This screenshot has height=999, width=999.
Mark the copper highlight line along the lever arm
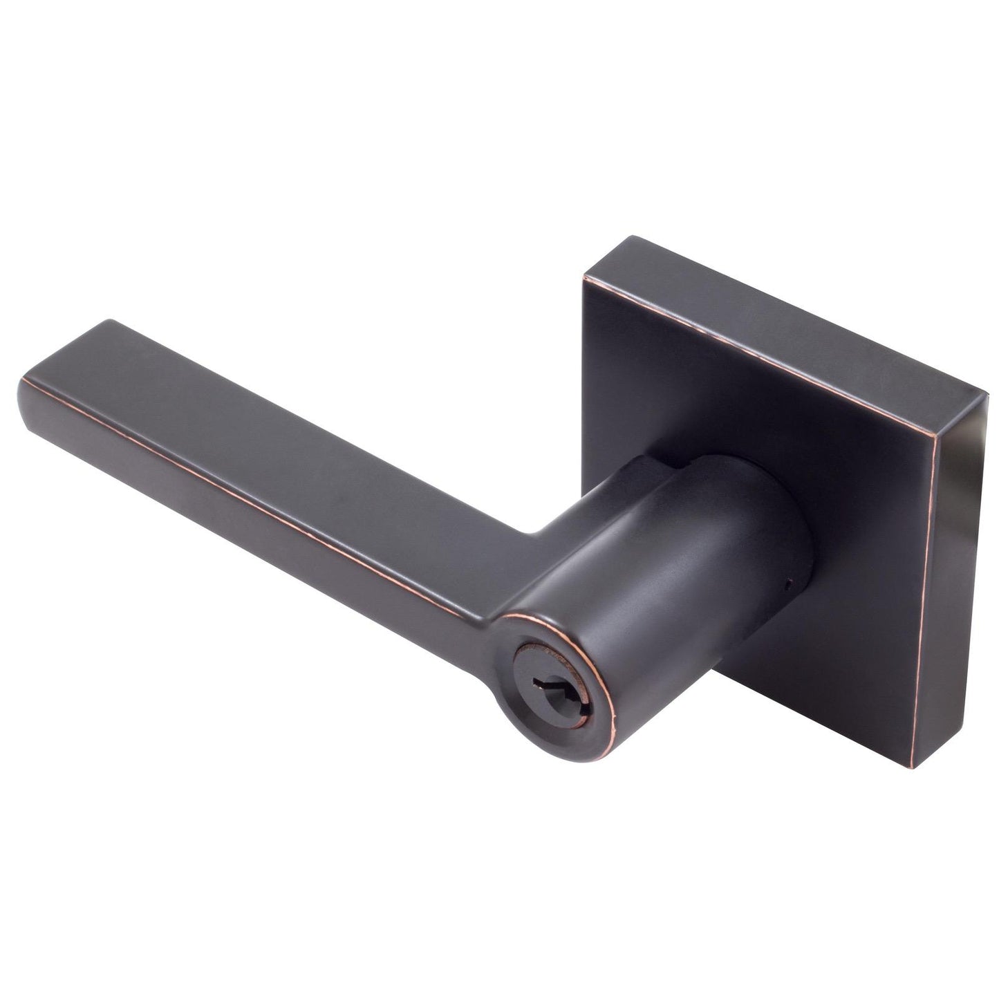[x=277, y=477]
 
